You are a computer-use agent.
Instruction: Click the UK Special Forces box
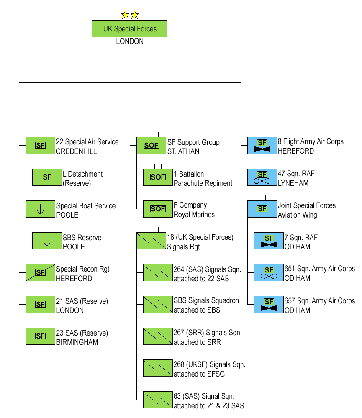pos(130,29)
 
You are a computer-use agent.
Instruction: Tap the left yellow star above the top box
pos(125,15)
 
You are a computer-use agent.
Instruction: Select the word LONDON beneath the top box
pos(130,41)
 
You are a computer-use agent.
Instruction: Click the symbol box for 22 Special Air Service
pos(40,145)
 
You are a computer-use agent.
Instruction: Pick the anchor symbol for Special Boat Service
pos(40,209)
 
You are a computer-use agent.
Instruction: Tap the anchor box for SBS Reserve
pos(47,241)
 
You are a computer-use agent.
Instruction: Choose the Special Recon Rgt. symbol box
pos(40,272)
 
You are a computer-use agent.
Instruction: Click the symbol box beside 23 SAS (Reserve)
pos(40,336)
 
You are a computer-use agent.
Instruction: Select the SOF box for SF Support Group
pos(151,145)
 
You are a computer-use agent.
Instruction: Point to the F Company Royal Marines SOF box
pos(158,209)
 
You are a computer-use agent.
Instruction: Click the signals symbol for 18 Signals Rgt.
pos(151,241)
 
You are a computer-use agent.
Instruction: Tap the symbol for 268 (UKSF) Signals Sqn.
pos(158,368)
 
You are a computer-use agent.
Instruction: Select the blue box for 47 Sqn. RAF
pos(262,177)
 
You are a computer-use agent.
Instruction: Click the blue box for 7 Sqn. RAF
pos(269,241)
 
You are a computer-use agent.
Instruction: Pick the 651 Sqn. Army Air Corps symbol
pos(269,272)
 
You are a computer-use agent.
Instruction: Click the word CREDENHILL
pos(77,151)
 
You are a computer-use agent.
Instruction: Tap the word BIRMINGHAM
pos(77,342)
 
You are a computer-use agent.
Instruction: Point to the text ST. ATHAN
pos(183,151)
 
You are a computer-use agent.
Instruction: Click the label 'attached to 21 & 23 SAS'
pos(209,406)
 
